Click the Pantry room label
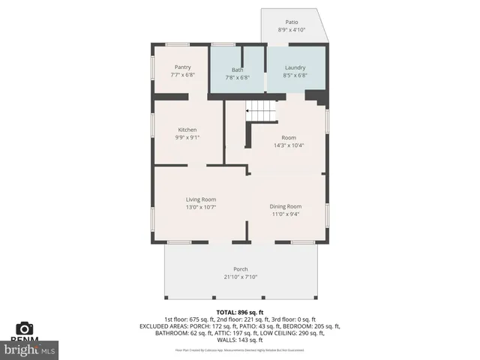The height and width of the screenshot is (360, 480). [x=183, y=67]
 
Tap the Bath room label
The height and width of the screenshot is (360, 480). [x=237, y=70]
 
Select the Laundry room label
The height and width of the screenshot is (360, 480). [x=295, y=67]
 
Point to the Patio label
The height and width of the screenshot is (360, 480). [x=292, y=22]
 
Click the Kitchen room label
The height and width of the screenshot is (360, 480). [x=187, y=130]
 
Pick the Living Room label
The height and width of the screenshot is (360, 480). [x=201, y=199]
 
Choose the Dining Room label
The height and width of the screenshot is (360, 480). [x=286, y=206]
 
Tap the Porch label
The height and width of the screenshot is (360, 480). [x=241, y=269]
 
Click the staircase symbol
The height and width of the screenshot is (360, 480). [x=262, y=112]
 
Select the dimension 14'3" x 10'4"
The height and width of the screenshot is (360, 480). [x=289, y=145]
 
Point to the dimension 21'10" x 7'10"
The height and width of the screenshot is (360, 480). [x=241, y=277]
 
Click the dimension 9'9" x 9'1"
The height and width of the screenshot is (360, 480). [x=187, y=137]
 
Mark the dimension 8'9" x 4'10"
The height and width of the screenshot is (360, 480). [x=292, y=30]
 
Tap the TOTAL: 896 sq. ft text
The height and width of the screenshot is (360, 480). [x=240, y=311]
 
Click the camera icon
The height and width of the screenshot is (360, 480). [x=25, y=328]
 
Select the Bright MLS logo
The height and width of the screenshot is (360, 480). [x=30, y=349]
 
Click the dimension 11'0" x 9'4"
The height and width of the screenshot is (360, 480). [x=286, y=214]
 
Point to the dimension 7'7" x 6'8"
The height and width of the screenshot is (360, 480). [x=183, y=74]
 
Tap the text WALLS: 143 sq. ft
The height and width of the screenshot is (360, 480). [x=240, y=340]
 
